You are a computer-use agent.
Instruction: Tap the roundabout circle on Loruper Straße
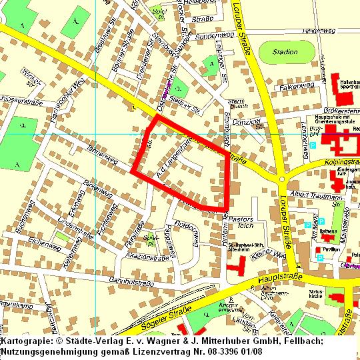[x=282, y=179]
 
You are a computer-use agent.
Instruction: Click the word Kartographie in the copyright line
[x=25, y=341]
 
